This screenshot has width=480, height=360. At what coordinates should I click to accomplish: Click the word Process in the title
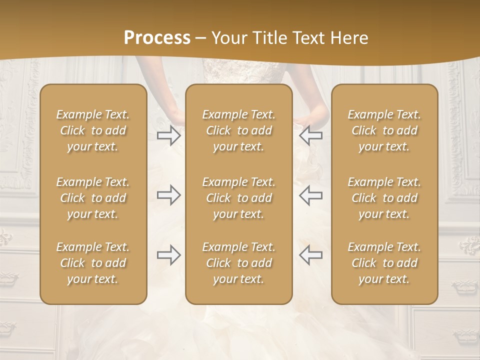click(157, 38)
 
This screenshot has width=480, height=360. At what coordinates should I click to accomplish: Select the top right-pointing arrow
click(169, 135)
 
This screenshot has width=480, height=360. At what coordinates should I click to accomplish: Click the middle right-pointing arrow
click(169, 195)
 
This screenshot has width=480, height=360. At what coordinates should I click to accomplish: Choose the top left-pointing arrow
click(311, 135)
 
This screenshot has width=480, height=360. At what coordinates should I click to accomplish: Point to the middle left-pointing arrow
click(311, 195)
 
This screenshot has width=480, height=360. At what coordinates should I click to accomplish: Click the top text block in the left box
click(93, 130)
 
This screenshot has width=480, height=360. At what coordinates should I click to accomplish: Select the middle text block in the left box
click(93, 198)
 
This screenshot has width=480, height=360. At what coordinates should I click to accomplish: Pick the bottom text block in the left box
click(93, 263)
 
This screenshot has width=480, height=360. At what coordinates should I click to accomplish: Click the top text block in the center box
click(239, 130)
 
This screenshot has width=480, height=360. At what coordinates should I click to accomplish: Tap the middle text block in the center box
click(239, 198)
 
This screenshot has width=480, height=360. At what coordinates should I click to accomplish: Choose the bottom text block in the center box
click(239, 263)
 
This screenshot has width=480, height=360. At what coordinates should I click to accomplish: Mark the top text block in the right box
click(384, 130)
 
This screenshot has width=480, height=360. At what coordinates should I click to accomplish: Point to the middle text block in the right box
click(384, 198)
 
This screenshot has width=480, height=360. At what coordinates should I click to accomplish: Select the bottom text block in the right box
click(384, 263)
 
